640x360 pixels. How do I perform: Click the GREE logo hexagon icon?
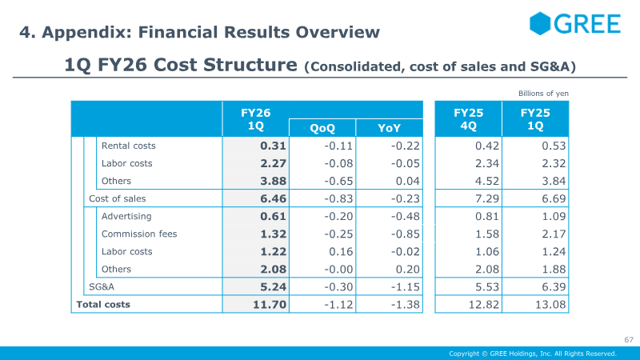[x=542, y=23]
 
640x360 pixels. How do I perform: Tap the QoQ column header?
[x=322, y=128]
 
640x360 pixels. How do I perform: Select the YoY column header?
[x=389, y=128]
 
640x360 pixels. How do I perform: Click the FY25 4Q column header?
[x=468, y=119]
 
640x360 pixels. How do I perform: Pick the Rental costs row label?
[x=128, y=146]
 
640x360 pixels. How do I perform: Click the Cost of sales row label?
[x=117, y=198]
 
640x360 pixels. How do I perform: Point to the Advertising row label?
[x=126, y=216]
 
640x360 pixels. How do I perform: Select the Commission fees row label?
[x=139, y=234]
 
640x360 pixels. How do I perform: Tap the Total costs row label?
[x=102, y=304]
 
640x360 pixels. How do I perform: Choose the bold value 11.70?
[x=270, y=304]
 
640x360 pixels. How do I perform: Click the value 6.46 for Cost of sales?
[x=274, y=198]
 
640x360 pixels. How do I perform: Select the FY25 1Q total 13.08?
[x=549, y=304]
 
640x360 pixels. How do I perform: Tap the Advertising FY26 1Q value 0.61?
[x=274, y=216]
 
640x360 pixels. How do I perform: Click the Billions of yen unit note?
[x=543, y=94]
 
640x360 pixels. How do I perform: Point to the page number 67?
[x=628, y=340]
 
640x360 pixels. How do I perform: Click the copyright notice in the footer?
[x=532, y=354]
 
